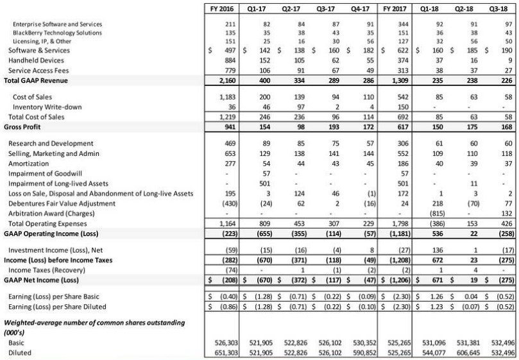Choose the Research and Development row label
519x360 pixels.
click(49, 142)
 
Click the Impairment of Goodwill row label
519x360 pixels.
click(46, 173)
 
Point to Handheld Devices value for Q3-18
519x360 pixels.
click(505, 60)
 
